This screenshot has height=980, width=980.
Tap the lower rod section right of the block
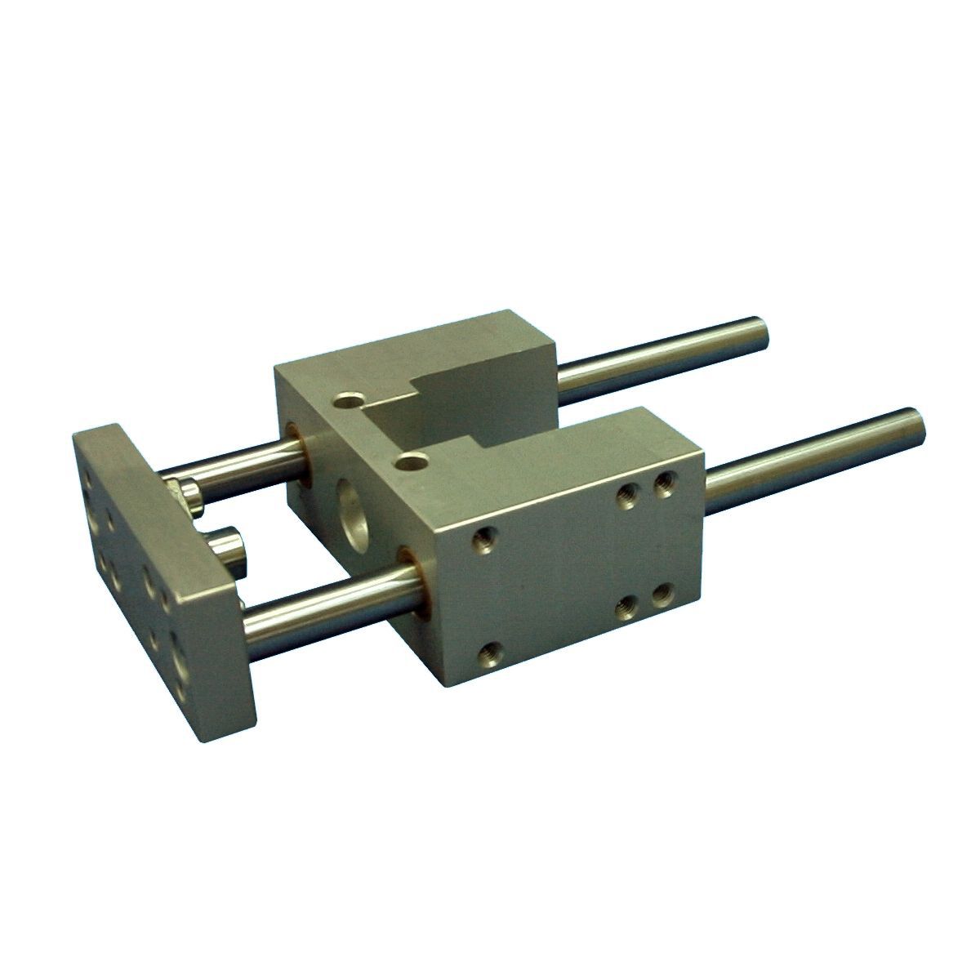(808, 457)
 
